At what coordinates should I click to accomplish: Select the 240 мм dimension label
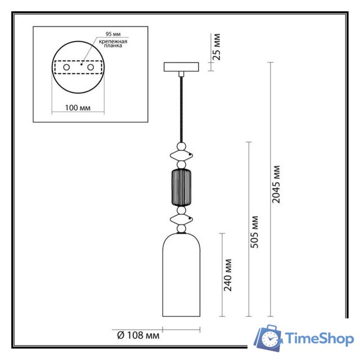click(228, 274)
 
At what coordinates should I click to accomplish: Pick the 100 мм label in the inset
click(78, 107)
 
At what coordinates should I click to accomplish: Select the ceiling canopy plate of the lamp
click(181, 67)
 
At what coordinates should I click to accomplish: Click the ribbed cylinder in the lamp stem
click(181, 188)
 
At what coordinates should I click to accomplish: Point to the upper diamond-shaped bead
click(181, 155)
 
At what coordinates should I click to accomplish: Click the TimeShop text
click(319, 339)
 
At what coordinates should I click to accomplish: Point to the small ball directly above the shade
click(181, 228)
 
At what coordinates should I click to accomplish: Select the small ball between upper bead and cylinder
click(181, 165)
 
